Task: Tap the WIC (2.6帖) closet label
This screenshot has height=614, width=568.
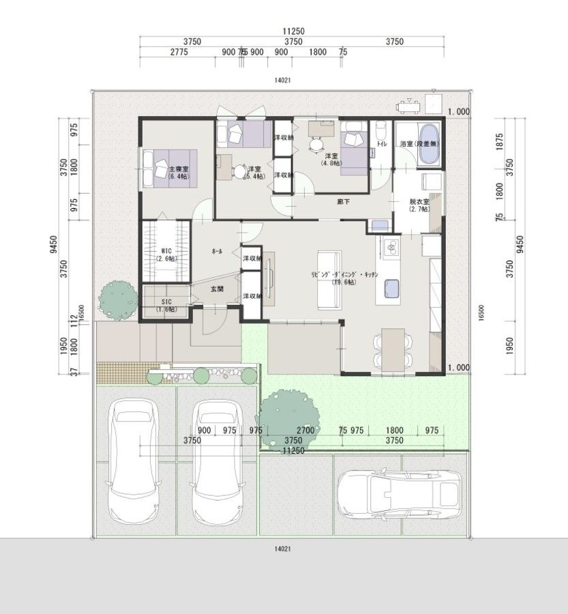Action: point(164,254)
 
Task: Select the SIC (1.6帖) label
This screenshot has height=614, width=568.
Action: point(164,305)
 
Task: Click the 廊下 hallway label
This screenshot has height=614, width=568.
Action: point(342,201)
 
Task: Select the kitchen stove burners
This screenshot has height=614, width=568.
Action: point(391,248)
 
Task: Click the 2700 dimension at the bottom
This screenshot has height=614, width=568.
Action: point(304,430)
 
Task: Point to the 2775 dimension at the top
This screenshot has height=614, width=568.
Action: point(179,52)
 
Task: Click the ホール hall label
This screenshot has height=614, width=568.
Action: point(217,252)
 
